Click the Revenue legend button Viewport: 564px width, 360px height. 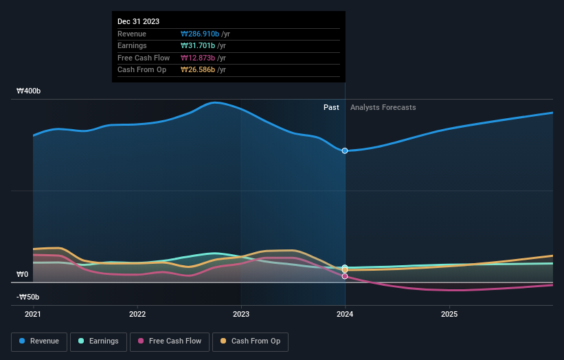tap(40, 341)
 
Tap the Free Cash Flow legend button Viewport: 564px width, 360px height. tap(170, 341)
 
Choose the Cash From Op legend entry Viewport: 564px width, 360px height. tap(249, 341)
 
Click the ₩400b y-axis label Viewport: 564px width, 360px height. tap(29, 91)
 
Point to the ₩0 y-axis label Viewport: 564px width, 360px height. tap(23, 274)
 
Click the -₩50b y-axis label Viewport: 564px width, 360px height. tap(27, 297)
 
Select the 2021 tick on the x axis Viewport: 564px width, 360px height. tap(33, 314)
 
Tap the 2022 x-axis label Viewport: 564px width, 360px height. tap(137, 314)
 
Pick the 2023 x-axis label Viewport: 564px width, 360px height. tap(241, 314)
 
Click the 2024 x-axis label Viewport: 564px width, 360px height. tap(345, 314)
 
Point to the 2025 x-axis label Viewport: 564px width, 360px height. tap(449, 314)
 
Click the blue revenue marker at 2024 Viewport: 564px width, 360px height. tap(345, 150)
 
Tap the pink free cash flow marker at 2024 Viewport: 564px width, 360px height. tap(345, 276)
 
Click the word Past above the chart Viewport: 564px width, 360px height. tap(331, 107)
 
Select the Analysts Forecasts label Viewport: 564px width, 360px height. tap(383, 107)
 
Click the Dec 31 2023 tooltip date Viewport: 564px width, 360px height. tap(138, 21)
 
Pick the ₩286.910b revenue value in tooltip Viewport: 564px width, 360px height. tap(200, 34)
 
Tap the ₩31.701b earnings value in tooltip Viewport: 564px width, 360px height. tap(198, 46)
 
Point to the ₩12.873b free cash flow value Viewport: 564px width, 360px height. tap(198, 58)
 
